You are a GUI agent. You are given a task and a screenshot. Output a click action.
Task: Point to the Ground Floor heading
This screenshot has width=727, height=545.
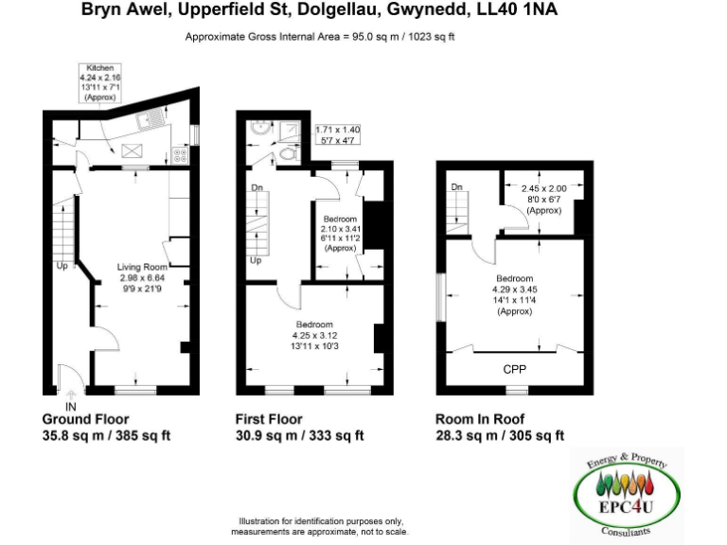(x=85, y=419)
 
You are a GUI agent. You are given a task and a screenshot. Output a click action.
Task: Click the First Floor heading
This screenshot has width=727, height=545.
(x=269, y=419)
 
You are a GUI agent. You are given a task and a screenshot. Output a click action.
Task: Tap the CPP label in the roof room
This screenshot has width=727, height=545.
(x=514, y=369)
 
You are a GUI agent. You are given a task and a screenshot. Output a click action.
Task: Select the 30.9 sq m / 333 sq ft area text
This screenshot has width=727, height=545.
(x=299, y=436)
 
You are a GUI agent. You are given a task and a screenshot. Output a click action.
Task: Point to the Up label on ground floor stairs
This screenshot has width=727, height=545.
(x=62, y=266)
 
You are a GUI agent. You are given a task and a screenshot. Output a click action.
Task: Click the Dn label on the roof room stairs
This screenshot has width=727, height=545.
(x=456, y=187)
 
